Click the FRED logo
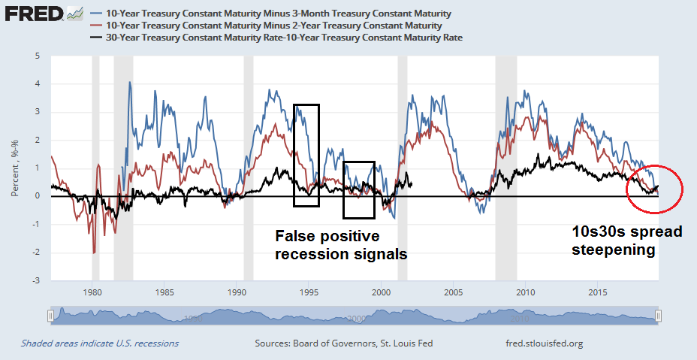point(34,14)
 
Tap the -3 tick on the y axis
point(35,280)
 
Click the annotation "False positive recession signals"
point(340,245)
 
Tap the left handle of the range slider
point(51,316)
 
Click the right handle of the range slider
point(658,316)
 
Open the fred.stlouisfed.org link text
point(545,343)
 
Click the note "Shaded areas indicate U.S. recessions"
point(100,343)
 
